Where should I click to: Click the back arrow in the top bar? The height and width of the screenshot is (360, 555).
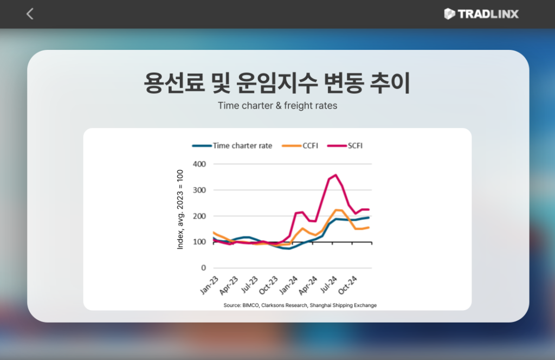[30, 14]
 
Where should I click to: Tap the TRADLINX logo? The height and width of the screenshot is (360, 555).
[481, 14]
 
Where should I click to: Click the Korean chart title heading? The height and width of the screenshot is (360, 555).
[277, 83]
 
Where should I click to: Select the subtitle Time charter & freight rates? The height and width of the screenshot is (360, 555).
[277, 106]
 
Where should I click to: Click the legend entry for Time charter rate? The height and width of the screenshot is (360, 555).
[232, 146]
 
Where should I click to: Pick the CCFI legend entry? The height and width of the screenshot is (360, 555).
[300, 146]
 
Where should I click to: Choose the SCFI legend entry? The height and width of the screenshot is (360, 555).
[345, 146]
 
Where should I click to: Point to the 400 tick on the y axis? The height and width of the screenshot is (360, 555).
[199, 164]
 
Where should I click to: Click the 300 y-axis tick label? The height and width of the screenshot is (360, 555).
[199, 190]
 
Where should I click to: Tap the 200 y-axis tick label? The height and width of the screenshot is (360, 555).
[199, 216]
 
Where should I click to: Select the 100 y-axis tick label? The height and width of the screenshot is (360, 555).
[199, 242]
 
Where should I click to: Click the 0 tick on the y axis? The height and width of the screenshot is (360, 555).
[204, 268]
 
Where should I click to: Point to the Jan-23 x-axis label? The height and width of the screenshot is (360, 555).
[210, 285]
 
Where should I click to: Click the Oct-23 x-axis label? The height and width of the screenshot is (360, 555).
[269, 285]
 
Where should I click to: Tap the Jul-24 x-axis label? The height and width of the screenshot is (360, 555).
[328, 285]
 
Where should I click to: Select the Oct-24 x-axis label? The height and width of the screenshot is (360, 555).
[348, 285]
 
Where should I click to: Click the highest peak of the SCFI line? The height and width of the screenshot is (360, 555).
[335, 175]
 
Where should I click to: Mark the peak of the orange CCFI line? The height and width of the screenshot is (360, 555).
[336, 210]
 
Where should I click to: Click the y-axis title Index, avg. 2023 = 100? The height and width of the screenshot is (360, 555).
[180, 210]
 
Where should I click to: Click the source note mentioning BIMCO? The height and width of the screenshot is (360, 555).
[300, 305]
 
